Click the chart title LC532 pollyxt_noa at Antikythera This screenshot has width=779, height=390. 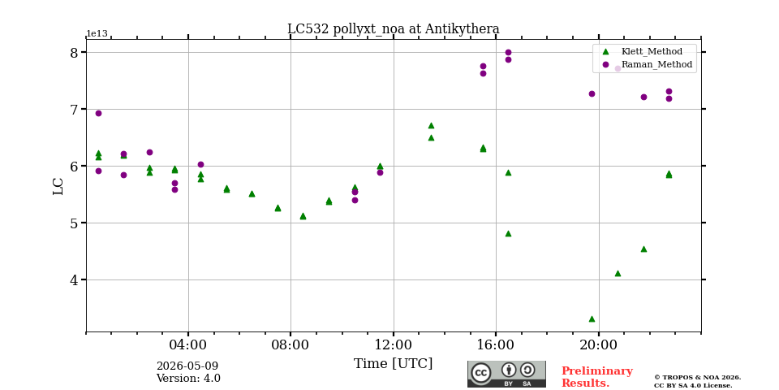394,29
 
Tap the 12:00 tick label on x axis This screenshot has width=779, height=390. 394,344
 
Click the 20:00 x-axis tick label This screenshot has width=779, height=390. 599,344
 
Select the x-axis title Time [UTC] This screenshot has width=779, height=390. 393,364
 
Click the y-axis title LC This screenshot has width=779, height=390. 58,186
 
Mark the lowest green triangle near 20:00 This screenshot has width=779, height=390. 592,318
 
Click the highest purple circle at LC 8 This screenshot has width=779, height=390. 508,52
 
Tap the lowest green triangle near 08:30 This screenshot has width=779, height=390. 303,216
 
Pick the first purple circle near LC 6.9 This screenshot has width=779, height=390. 98,114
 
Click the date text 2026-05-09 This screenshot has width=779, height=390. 187,366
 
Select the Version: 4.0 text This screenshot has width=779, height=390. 188,378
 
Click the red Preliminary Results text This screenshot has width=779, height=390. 597,377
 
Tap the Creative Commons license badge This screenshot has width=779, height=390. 506,374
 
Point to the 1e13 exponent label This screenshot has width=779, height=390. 97,33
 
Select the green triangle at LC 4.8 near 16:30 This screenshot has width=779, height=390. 508,234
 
